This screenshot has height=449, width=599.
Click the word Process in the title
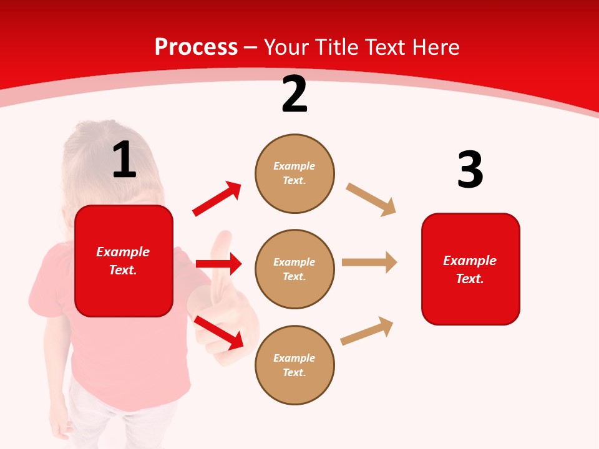196,47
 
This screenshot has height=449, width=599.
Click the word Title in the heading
337,47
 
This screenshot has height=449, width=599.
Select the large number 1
124,160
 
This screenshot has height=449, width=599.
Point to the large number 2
295,95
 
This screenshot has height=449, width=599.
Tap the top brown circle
295,173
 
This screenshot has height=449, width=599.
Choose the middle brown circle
295,269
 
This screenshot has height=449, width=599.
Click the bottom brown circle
295,365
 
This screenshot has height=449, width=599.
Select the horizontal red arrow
218,264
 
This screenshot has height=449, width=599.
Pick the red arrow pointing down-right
219,332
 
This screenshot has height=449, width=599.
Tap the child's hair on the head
94,143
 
